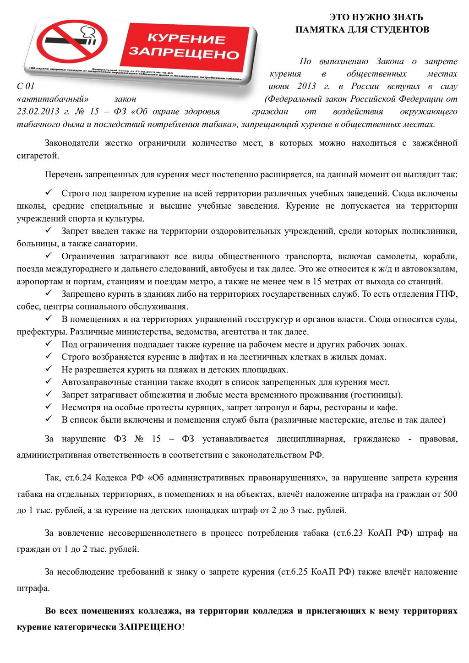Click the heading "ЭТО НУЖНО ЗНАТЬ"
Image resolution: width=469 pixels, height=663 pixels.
[x=376, y=17]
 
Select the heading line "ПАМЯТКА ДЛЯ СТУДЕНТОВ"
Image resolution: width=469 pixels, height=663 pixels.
[x=362, y=30]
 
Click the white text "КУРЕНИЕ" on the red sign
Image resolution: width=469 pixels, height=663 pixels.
[x=186, y=38]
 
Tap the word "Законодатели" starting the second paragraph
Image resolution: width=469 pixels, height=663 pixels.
[x=71, y=143]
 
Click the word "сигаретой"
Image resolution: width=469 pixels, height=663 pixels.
[x=38, y=156]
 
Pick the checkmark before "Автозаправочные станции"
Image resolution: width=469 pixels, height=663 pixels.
[x=49, y=381]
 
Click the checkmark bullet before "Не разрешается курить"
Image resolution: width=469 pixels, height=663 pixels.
[x=49, y=369]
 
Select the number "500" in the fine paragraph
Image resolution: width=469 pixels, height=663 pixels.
[x=450, y=494]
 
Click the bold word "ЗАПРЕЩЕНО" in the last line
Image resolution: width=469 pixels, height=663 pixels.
[x=150, y=627]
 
